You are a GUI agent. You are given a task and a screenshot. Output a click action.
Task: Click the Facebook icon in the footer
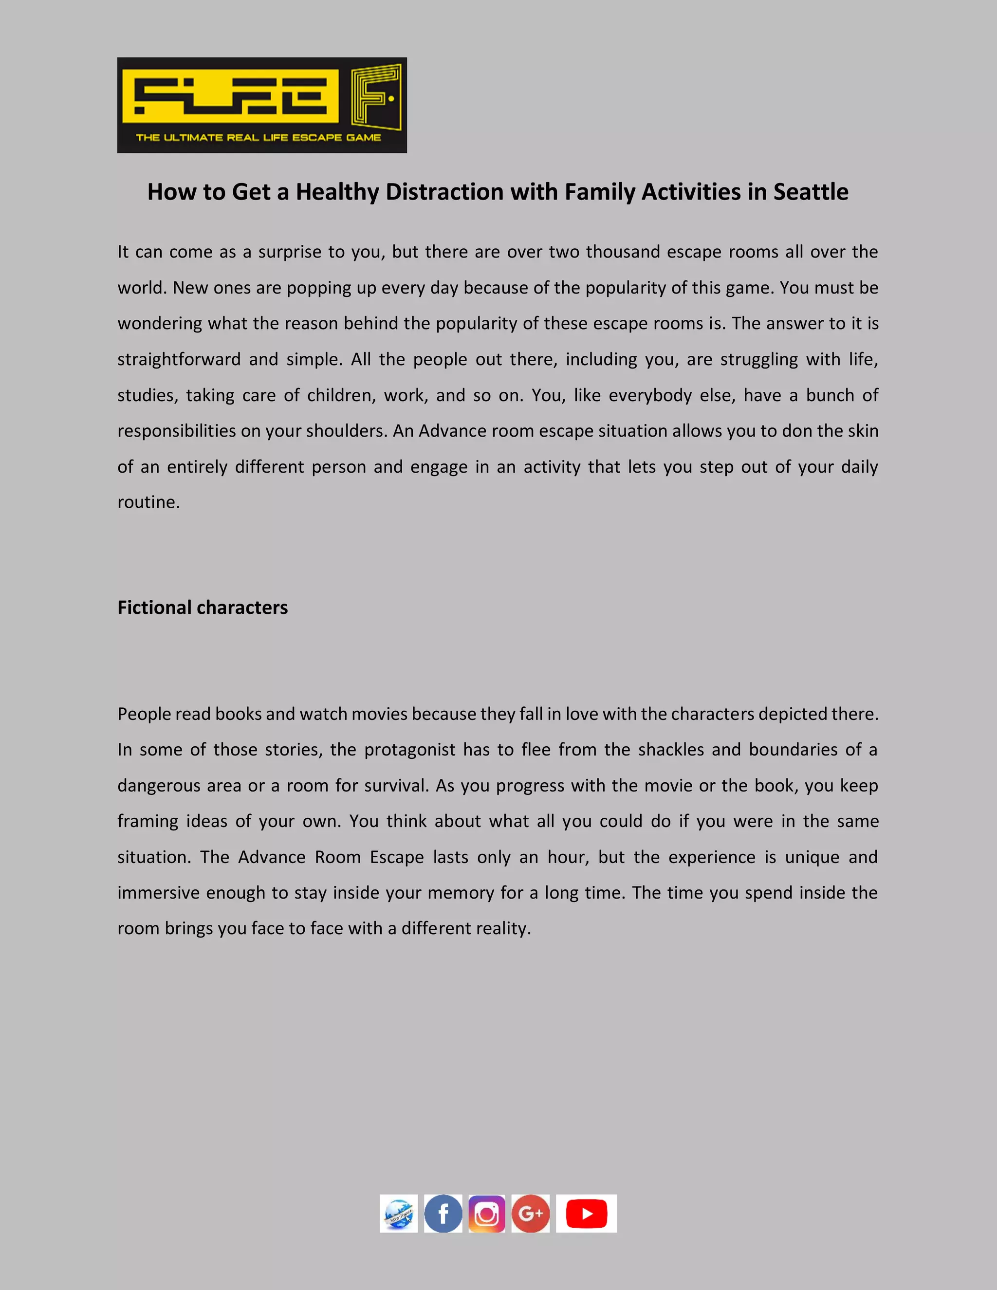coord(443,1214)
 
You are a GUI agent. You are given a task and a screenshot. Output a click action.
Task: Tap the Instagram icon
coord(487,1214)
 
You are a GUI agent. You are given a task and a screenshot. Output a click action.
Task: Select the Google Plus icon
coord(531,1214)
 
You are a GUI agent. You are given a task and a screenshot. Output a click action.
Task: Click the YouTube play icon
coord(587,1214)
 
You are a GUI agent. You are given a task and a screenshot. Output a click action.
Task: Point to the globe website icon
coord(399,1214)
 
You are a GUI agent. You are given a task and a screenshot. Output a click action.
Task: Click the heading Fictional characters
coord(203,608)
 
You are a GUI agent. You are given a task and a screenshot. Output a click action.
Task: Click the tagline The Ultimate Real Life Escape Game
coord(258,138)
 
